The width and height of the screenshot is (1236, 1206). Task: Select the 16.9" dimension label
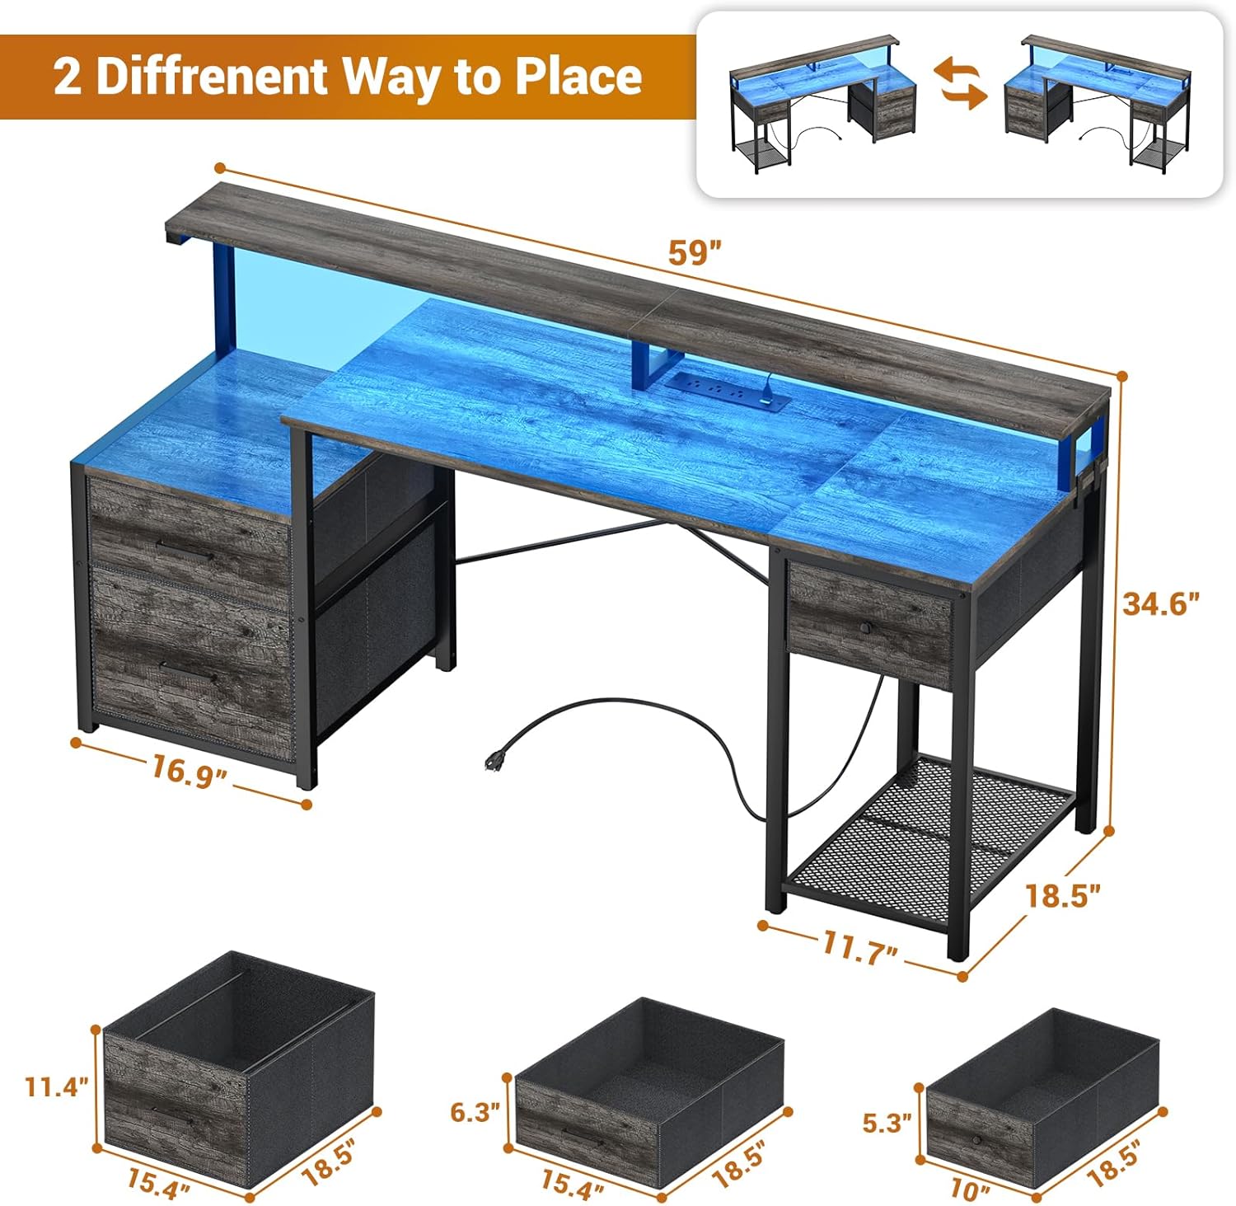[189, 772]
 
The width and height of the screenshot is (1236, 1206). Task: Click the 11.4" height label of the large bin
[56, 1086]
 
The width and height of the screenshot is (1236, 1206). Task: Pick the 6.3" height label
[475, 1112]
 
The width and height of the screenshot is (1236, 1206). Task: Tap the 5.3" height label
[887, 1122]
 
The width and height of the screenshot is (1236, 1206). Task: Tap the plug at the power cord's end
[496, 758]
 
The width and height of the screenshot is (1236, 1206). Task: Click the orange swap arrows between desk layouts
[960, 83]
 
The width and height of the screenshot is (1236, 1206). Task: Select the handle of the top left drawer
[186, 551]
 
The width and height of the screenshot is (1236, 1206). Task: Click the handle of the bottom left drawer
[189, 673]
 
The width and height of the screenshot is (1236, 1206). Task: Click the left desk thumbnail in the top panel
[824, 104]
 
